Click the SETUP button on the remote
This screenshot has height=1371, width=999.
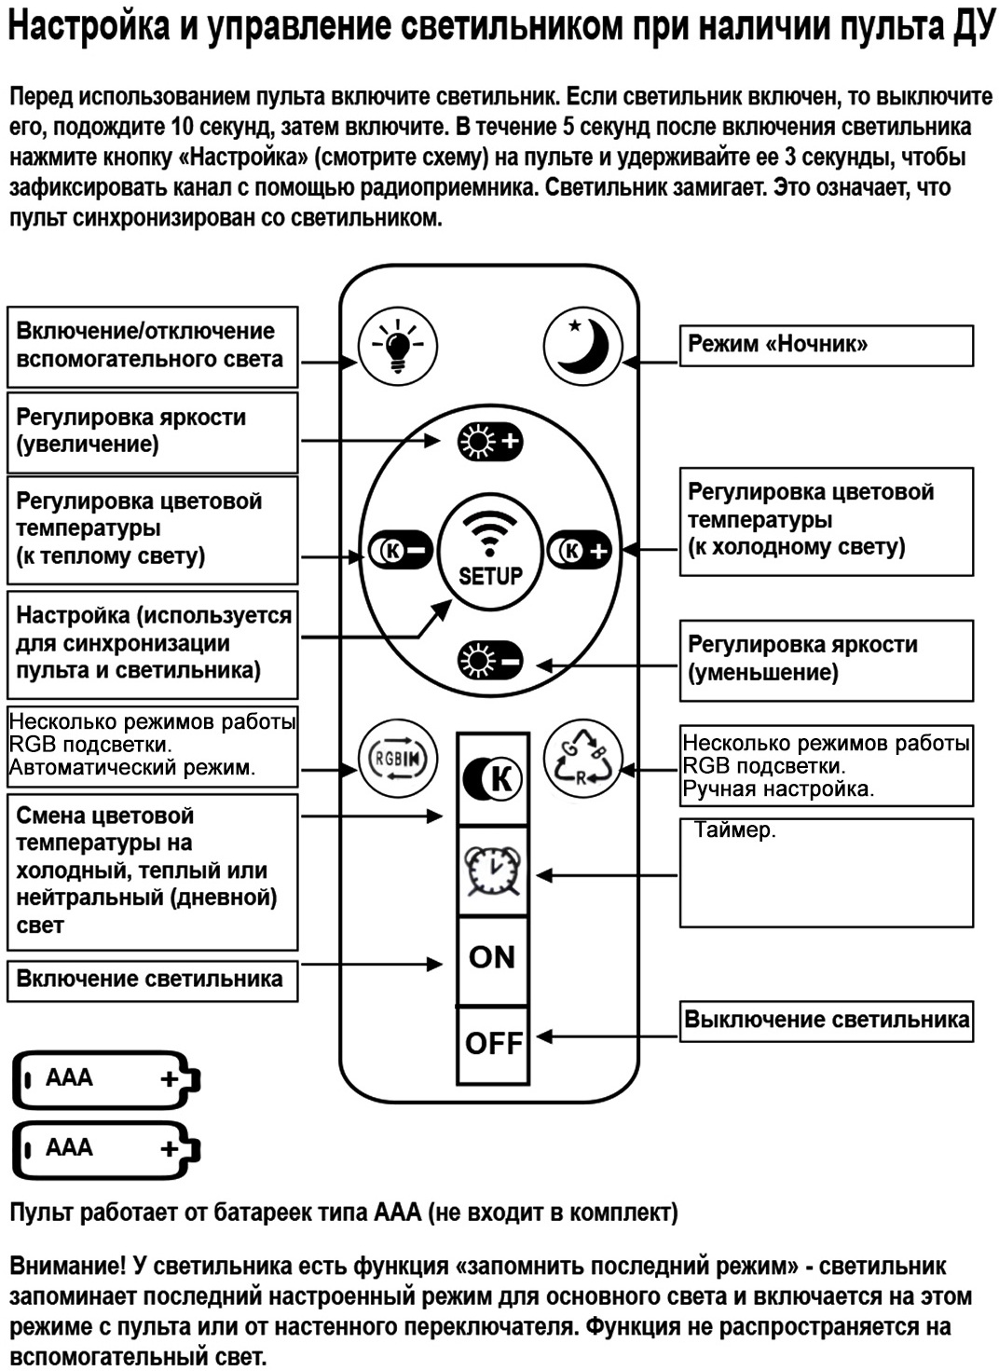tap(490, 551)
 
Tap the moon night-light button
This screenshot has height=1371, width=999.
tap(582, 346)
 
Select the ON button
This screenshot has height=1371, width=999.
tap(492, 958)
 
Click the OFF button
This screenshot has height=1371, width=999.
tap(493, 1044)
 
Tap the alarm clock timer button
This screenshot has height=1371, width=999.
tap(493, 872)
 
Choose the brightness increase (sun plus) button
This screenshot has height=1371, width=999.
tap(490, 442)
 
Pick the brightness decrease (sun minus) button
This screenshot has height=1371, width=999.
tap(490, 662)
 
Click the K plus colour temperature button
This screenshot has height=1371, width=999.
tap(580, 551)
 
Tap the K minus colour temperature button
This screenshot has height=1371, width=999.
tap(401, 551)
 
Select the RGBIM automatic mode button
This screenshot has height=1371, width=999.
tap(397, 759)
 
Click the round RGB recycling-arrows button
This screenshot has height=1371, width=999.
tap(582, 759)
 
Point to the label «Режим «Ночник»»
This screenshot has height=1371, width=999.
tap(777, 344)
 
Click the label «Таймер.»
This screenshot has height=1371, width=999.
tap(735, 830)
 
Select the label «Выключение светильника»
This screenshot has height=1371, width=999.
tap(826, 1019)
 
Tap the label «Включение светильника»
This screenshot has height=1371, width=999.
tap(149, 980)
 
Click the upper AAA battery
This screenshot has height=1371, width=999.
tap(106, 1079)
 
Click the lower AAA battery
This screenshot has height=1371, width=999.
tap(106, 1149)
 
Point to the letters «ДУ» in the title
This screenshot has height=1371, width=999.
tap(975, 28)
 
